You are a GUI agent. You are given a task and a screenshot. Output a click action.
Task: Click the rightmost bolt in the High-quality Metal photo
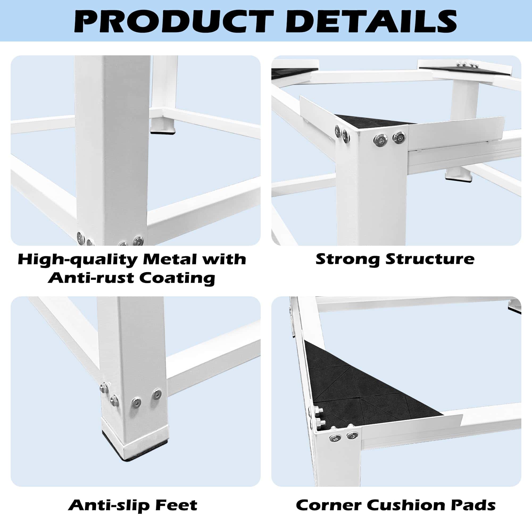138,241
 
